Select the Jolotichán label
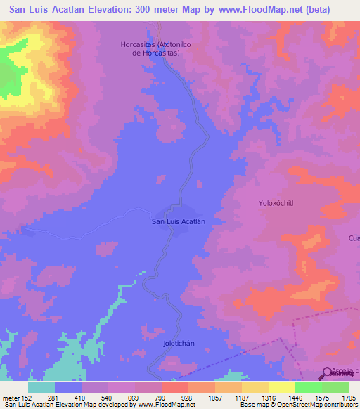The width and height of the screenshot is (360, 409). tap(179, 344)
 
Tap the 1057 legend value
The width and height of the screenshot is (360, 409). tap(215, 397)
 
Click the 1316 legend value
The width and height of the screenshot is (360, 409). tap(269, 397)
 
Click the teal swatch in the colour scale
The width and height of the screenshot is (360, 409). tap(41, 387)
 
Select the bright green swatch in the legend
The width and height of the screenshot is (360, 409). tap(309, 387)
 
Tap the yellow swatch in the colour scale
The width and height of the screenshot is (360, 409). tap(282, 387)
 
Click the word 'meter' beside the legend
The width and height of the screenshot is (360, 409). tap(10, 397)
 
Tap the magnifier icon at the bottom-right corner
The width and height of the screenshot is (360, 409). tap(328, 373)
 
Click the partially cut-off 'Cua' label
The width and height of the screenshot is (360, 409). tap(354, 238)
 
